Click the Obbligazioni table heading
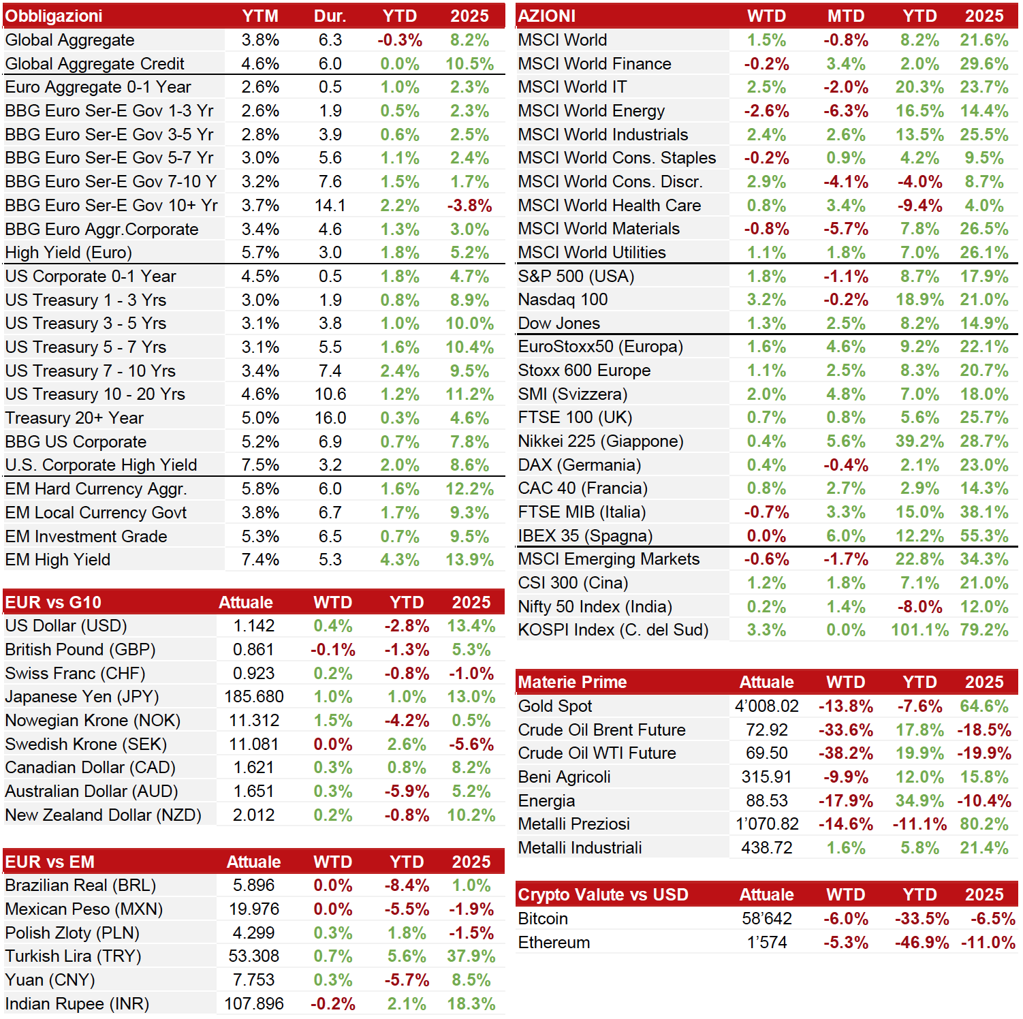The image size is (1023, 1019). pos(54,16)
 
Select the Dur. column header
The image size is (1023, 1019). pos(330,16)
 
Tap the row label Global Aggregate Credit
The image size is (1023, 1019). pos(95,64)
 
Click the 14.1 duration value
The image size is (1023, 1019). pos(330,206)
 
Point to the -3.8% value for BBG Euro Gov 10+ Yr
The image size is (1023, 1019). pos(470,206)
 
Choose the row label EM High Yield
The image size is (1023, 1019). pos(58,560)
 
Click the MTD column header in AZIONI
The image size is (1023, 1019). pos(846,16)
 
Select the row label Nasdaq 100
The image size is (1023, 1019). pos(563,300)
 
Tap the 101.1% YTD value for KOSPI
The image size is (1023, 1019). pos(919,630)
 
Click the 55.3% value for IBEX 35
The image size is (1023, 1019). pos(984,536)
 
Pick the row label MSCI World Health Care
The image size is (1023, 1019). pos(610,206)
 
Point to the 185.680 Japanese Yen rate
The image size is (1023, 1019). pos(254,697)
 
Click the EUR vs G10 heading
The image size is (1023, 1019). pos(53,603)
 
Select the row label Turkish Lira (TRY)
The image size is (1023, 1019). pos(73,956)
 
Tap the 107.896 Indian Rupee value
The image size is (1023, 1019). pos(254,1004)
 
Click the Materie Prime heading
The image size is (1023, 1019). pos(573,683)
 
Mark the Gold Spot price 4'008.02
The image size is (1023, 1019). pos(767,706)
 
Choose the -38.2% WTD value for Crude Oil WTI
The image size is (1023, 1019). pos(846,753)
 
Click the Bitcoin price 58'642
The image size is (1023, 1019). pos(767,919)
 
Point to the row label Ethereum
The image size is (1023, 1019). pos(554,943)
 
